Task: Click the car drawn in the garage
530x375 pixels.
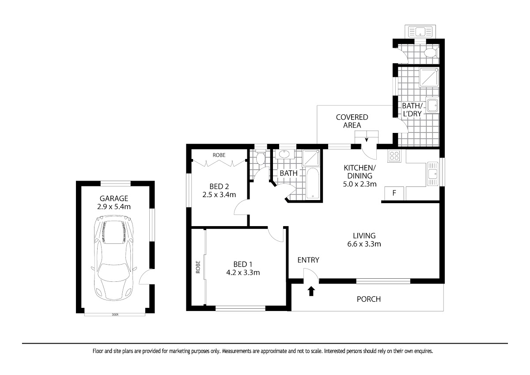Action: click(x=114, y=258)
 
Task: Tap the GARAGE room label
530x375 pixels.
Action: click(x=114, y=198)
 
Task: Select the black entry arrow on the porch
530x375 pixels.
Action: click(x=311, y=291)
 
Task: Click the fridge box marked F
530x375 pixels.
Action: click(x=394, y=193)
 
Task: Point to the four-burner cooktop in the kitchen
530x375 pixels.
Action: click(x=394, y=156)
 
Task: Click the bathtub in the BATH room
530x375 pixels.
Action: click(x=313, y=183)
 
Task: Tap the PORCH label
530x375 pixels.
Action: click(x=369, y=299)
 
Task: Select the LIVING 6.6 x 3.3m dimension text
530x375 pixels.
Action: click(x=364, y=244)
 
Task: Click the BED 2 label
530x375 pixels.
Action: click(x=219, y=186)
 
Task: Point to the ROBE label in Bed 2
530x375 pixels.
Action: click(x=219, y=155)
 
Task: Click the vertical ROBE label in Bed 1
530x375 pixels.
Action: click(x=198, y=267)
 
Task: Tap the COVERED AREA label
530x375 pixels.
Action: click(x=352, y=121)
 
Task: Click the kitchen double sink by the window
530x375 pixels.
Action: click(x=432, y=174)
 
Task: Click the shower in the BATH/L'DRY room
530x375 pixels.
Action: click(x=429, y=77)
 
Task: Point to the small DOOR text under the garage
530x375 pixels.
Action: click(x=115, y=314)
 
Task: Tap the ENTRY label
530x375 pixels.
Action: click(x=308, y=260)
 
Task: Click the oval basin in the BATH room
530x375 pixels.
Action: click(x=284, y=154)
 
